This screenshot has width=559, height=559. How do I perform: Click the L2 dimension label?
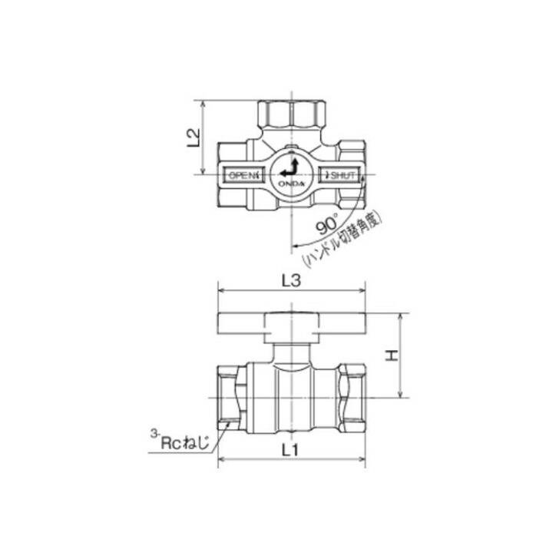[x=194, y=136]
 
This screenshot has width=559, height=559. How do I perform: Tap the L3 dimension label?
[x=289, y=282]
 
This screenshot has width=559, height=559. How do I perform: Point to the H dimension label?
[x=392, y=356]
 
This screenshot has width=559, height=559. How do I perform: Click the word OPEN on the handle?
[x=243, y=176]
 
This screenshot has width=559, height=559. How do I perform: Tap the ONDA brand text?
[x=292, y=184]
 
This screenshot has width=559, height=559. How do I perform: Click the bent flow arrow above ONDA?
[x=289, y=167]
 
